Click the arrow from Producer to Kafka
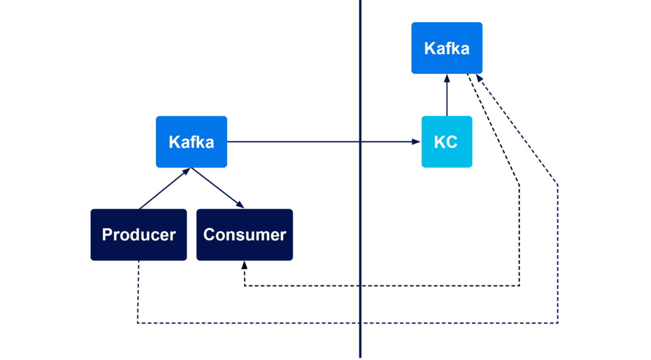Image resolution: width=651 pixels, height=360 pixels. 164,189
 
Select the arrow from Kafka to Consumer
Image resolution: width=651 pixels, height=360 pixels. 217,188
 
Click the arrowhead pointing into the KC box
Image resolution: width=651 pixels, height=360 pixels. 415,142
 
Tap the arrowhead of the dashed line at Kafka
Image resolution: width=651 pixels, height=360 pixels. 479,79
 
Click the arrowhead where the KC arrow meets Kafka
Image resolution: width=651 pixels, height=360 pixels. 447,79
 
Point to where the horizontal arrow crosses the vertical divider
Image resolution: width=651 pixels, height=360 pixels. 360,142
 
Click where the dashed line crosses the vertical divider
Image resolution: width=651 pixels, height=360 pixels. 360,323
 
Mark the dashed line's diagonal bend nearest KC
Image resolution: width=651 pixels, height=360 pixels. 557,185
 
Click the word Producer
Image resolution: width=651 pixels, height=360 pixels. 139,235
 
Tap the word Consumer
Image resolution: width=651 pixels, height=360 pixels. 245,235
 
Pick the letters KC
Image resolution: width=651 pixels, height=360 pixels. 446,142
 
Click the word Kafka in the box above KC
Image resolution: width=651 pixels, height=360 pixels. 447,49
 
